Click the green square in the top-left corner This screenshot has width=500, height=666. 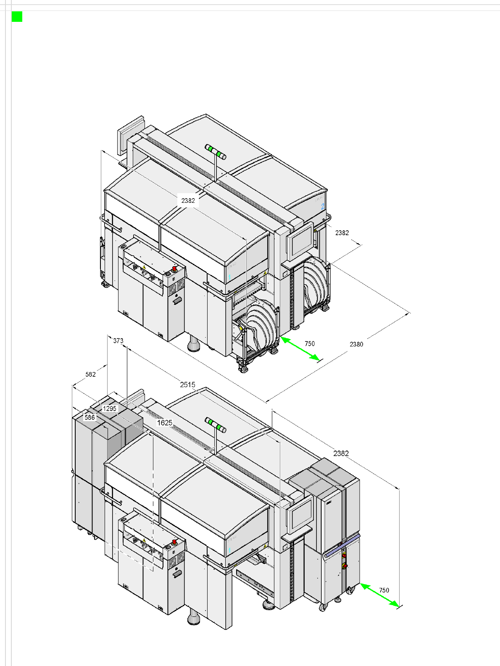(17, 17)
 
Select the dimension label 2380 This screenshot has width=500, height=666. (356, 344)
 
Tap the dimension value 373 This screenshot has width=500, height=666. (118, 341)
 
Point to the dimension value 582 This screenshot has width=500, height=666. (90, 375)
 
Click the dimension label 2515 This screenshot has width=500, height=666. (188, 385)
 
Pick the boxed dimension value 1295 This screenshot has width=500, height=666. (110, 409)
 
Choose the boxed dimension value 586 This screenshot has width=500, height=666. (89, 417)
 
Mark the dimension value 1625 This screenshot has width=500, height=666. (165, 423)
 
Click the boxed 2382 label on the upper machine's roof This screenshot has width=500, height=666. (188, 201)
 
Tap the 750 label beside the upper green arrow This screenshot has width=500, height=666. (310, 343)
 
